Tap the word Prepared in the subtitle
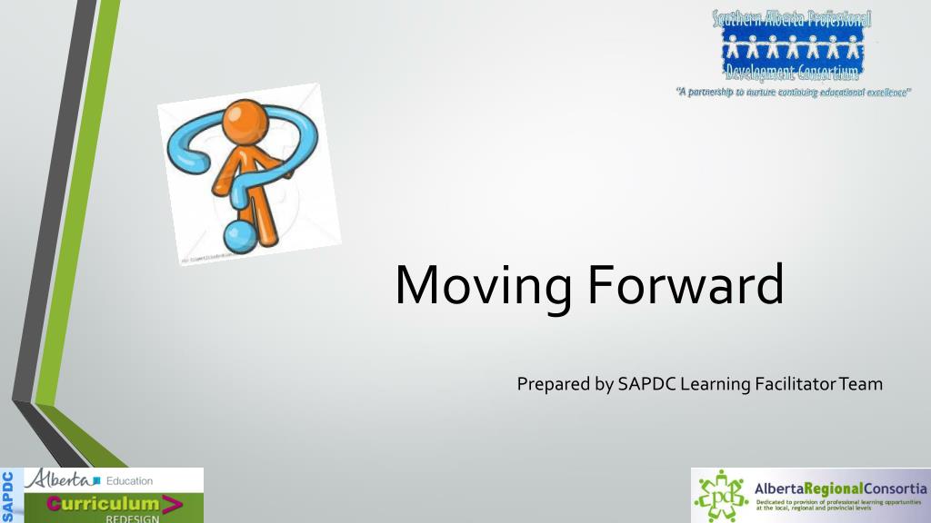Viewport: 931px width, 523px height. click(553, 384)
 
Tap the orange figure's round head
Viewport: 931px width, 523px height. click(245, 118)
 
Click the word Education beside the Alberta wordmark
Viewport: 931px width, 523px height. click(129, 480)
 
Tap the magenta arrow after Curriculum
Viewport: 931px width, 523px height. click(170, 503)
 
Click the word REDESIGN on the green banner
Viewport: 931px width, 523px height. click(131, 518)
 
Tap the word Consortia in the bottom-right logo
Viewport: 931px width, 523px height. click(895, 488)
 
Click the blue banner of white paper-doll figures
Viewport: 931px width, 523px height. click(792, 46)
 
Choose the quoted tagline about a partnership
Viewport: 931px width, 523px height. click(793, 93)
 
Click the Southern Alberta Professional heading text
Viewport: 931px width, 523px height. click(792, 17)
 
